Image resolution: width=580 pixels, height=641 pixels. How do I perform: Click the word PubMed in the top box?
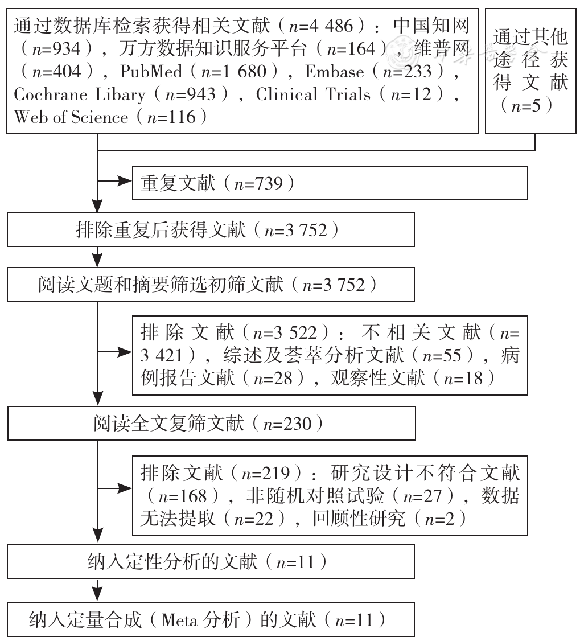click(150, 72)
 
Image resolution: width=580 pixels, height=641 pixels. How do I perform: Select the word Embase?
click(334, 72)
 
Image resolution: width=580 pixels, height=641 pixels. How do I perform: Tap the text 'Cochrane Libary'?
click(80, 95)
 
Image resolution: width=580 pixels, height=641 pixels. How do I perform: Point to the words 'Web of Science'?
click(71, 117)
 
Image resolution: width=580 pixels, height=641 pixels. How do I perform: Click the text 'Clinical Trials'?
click(313, 94)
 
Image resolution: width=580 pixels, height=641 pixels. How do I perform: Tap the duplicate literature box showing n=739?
click(330, 183)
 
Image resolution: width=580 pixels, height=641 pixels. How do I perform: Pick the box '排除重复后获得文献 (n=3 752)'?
click(211, 229)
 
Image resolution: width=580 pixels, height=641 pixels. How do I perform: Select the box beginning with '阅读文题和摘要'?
click(211, 285)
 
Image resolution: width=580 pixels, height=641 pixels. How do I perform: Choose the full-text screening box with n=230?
click(212, 423)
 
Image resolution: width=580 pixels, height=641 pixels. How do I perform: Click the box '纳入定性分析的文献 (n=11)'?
click(211, 561)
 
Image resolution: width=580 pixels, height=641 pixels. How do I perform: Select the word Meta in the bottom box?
click(179, 620)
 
